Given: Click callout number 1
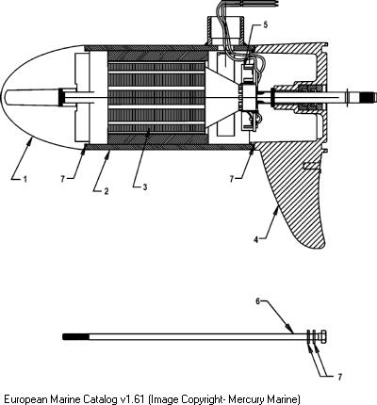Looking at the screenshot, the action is [x=25, y=179].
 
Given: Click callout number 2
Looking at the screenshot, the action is [x=107, y=191].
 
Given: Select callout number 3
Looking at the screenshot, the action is [x=145, y=187].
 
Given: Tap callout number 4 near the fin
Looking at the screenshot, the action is [x=256, y=239].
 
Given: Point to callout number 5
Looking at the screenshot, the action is [x=266, y=25].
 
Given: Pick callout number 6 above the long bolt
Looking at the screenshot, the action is [x=258, y=301].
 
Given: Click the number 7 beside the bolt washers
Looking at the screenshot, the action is [x=339, y=377].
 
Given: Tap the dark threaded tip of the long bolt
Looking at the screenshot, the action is [x=75, y=337].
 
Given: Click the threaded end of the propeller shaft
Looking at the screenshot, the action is [x=369, y=97].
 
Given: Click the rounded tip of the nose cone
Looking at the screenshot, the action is [x=2, y=97].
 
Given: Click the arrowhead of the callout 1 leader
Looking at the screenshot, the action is [x=30, y=141].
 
